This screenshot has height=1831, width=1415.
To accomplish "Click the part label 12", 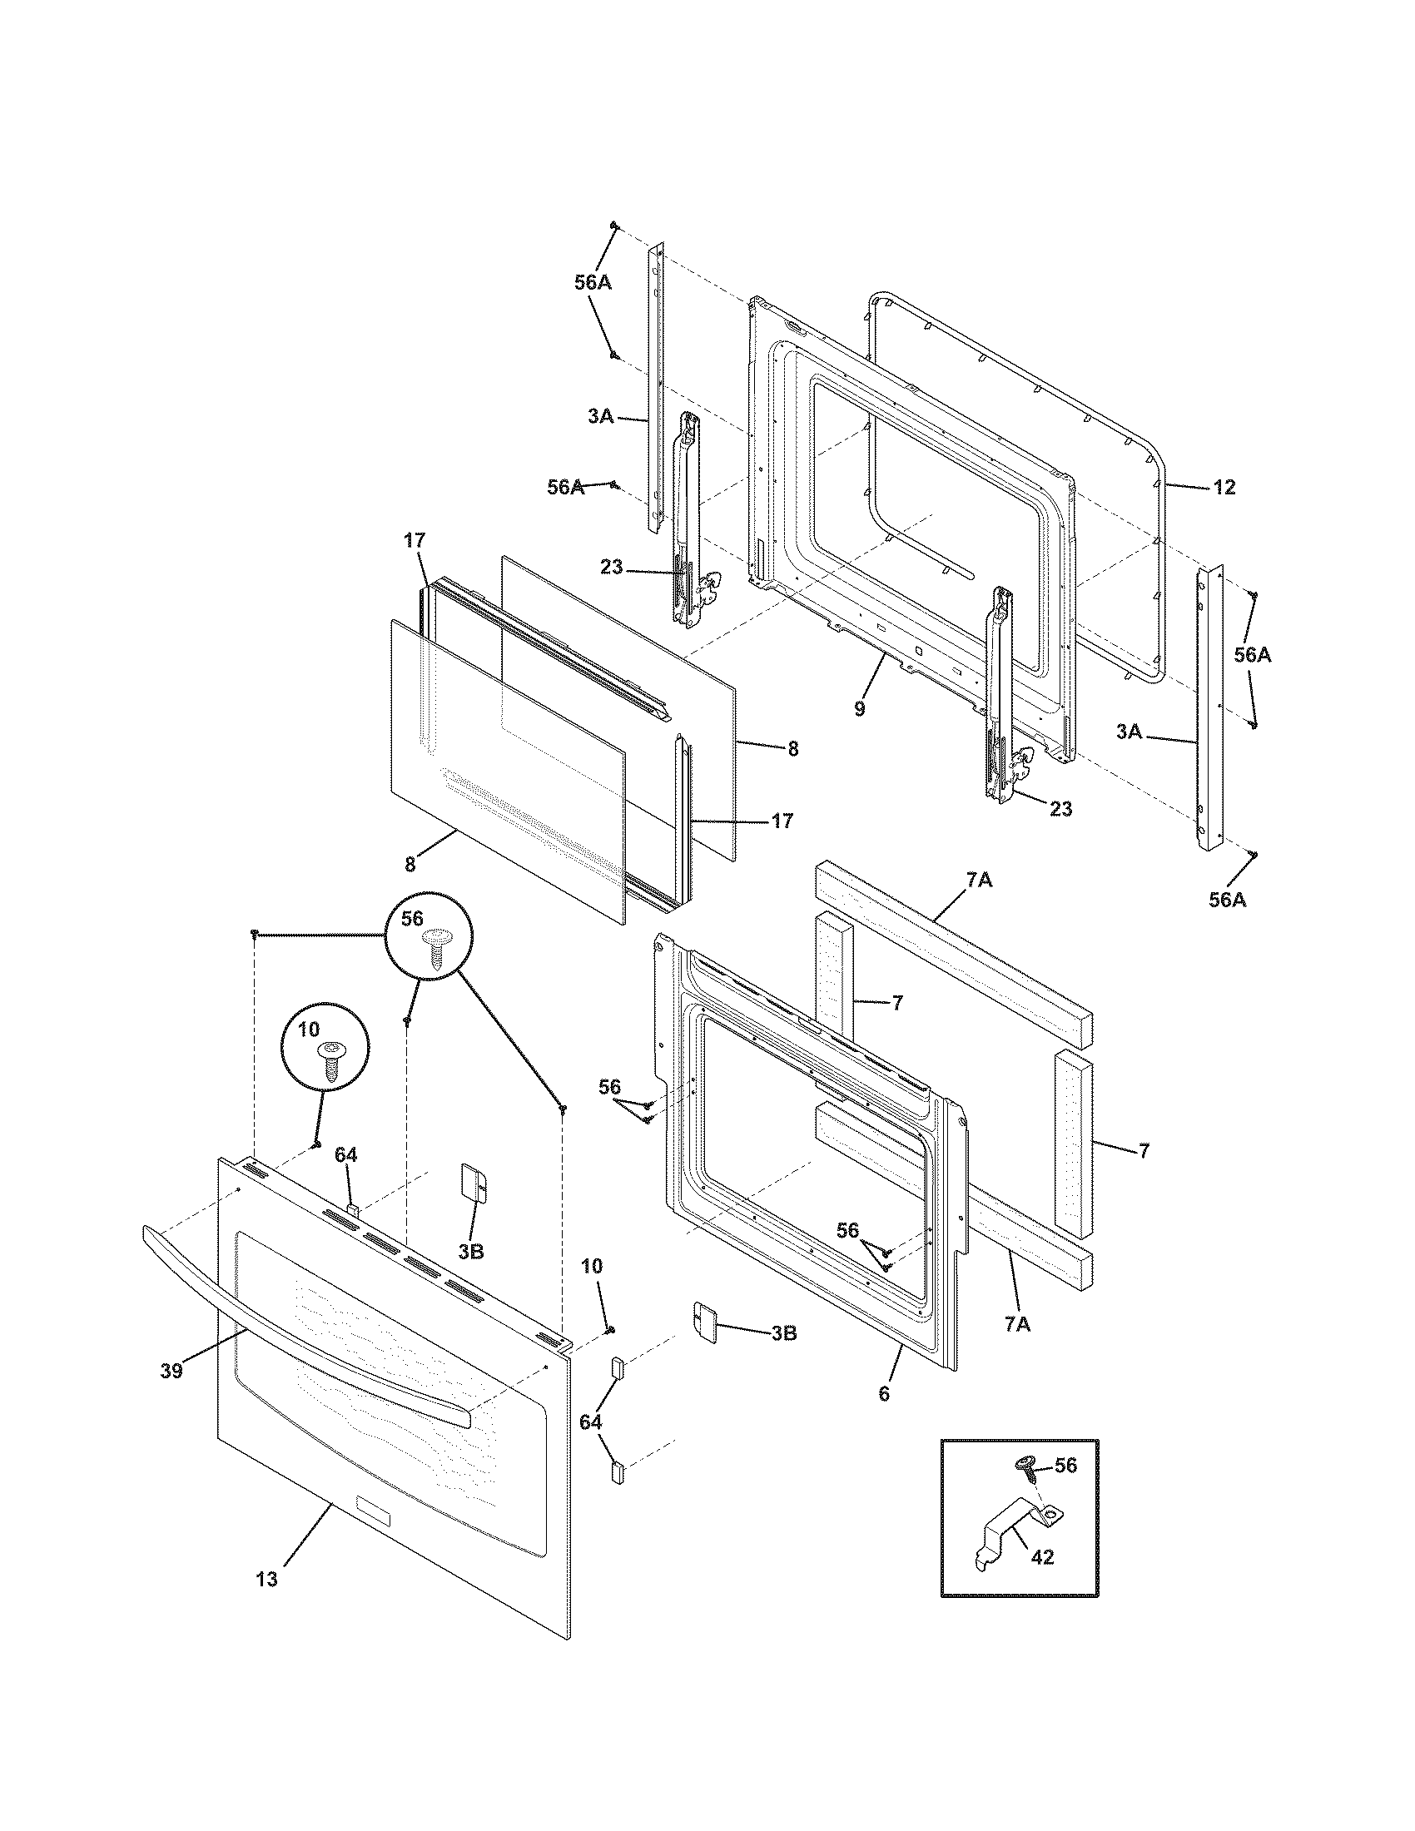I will click(x=1224, y=487).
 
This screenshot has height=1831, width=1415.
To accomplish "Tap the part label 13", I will click(x=266, y=1580).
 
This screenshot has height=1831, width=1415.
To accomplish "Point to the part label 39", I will click(x=171, y=1371).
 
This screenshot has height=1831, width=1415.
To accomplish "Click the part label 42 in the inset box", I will click(x=1042, y=1557).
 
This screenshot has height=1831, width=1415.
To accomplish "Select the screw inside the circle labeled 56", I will click(x=434, y=948).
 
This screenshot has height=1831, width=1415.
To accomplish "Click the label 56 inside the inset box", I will click(x=1065, y=1465).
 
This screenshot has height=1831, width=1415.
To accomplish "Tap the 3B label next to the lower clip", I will click(x=783, y=1333).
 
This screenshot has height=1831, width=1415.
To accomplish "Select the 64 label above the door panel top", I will click(x=345, y=1155).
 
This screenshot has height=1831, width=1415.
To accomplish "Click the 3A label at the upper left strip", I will click(x=600, y=416).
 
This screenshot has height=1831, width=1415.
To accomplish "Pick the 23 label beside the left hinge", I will click(x=612, y=568).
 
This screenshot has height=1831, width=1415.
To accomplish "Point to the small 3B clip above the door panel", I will click(x=475, y=1184).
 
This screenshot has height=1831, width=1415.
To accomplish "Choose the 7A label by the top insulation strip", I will click(x=979, y=881).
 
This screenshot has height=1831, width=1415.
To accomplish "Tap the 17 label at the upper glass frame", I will click(x=416, y=542).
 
